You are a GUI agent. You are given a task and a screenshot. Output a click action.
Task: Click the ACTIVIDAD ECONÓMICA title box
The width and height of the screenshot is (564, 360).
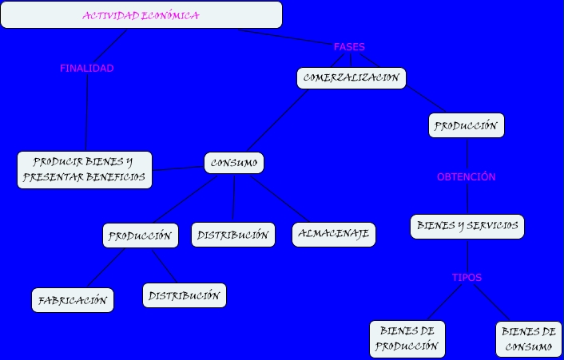[x=141, y=15]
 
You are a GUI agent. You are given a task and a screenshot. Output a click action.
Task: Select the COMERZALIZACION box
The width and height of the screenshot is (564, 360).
[x=352, y=78]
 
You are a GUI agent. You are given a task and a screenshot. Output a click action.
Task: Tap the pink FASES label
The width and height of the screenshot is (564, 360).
[x=349, y=47]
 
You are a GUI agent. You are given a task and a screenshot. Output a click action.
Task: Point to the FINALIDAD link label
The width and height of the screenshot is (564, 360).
[x=86, y=69]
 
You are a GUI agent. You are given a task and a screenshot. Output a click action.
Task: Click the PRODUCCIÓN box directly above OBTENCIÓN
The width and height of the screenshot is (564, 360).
[x=467, y=126]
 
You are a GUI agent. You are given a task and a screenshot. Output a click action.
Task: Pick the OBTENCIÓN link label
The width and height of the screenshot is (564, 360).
[x=467, y=177]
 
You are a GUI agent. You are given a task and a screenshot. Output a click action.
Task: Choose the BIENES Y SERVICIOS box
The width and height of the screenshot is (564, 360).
[x=467, y=226]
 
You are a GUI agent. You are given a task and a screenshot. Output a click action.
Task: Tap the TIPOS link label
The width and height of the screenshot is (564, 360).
[x=467, y=278]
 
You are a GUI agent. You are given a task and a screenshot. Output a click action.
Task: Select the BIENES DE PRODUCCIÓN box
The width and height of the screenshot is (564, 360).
[x=407, y=339]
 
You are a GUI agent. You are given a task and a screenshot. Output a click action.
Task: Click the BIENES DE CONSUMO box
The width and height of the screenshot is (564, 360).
[x=528, y=339]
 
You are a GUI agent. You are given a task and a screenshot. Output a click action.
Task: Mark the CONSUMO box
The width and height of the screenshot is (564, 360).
[x=233, y=163]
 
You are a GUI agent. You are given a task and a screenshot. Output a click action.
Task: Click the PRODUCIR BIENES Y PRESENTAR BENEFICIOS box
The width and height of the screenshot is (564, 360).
[x=85, y=170]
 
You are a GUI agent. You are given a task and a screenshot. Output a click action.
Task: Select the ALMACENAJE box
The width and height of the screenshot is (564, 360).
[x=334, y=235]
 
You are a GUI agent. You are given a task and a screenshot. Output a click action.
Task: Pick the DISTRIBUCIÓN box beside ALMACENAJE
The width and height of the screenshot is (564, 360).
[x=233, y=235]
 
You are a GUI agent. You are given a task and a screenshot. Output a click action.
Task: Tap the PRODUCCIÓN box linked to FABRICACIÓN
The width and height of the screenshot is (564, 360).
[x=140, y=235]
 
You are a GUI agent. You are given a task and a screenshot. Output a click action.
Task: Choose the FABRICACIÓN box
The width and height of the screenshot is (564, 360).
[x=73, y=301]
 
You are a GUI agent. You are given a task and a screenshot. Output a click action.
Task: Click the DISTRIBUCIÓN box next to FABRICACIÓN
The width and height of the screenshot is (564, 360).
[x=185, y=295]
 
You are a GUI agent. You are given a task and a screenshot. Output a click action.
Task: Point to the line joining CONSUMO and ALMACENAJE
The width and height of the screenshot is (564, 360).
[x=280, y=199]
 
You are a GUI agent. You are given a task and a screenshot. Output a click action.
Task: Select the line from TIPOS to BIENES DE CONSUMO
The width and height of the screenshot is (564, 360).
[x=487, y=305]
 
